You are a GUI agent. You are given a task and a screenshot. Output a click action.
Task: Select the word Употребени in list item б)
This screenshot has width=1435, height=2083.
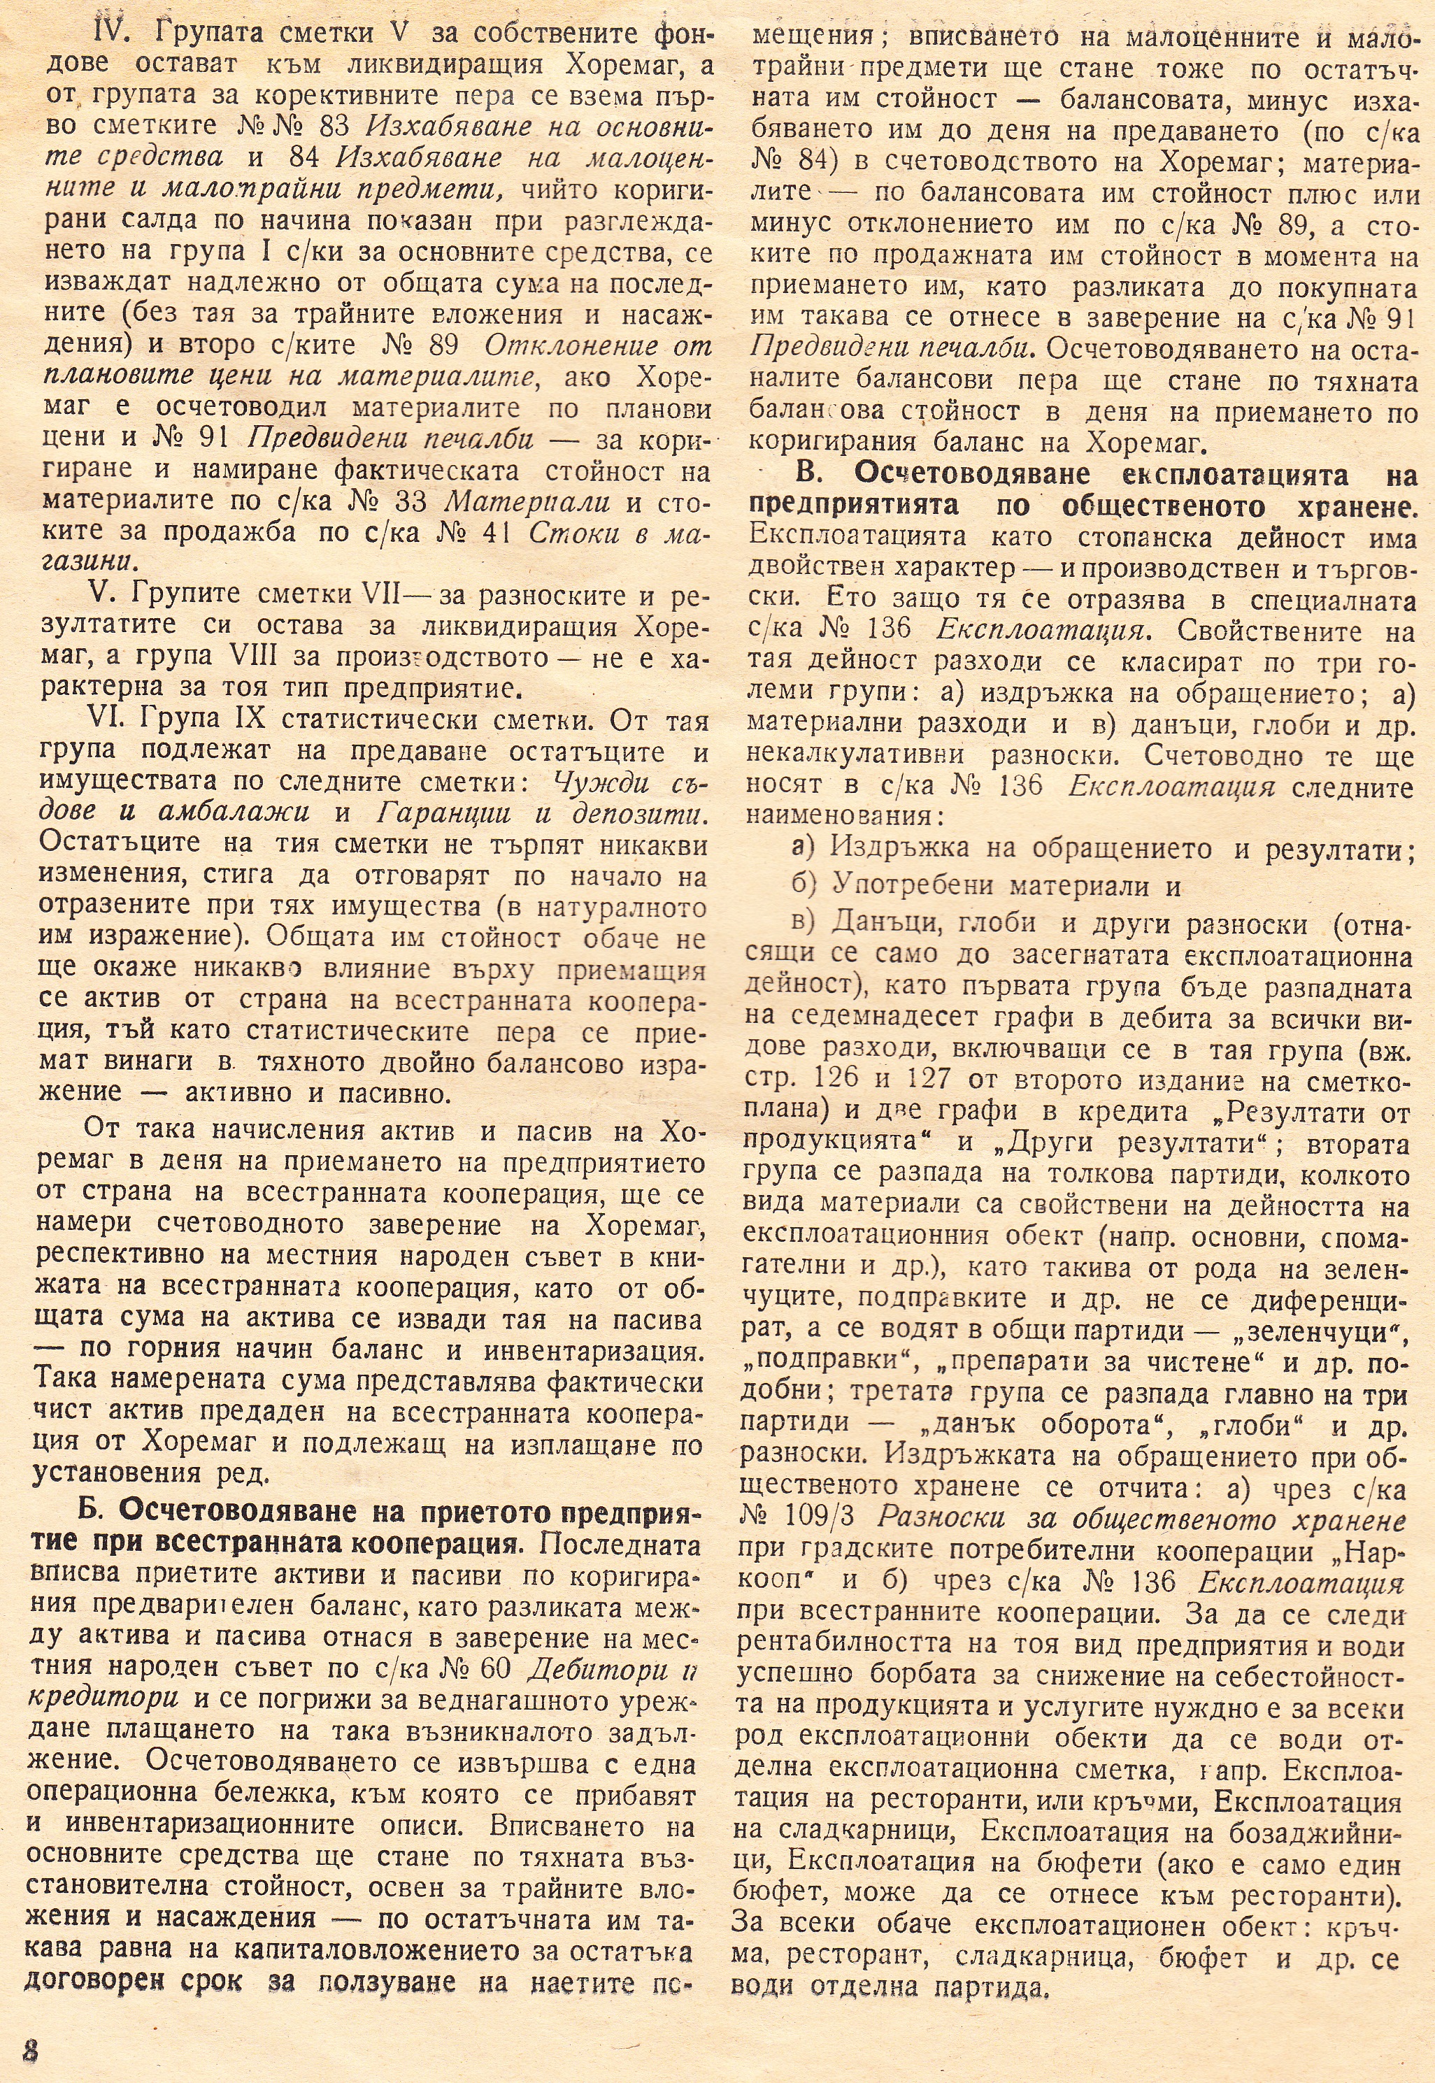(915, 885)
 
